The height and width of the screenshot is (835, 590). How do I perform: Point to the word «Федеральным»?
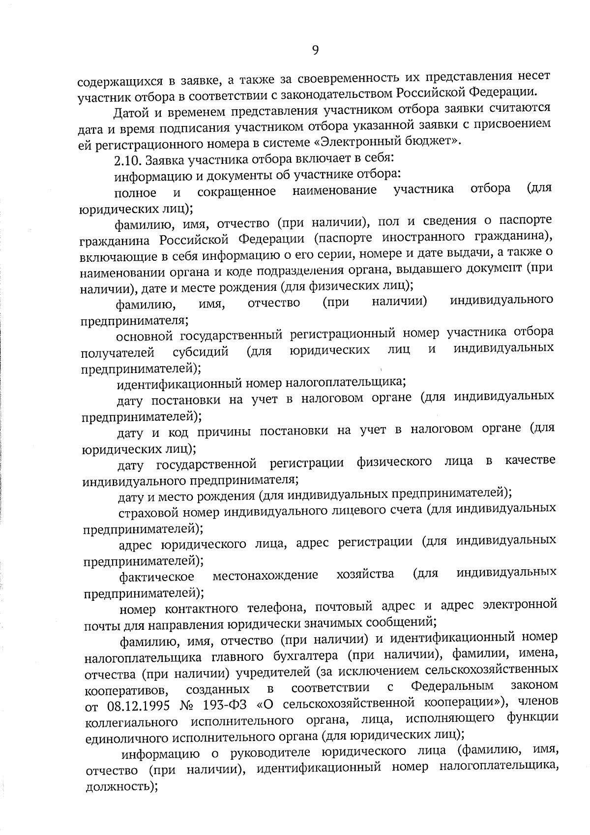coord(452,686)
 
